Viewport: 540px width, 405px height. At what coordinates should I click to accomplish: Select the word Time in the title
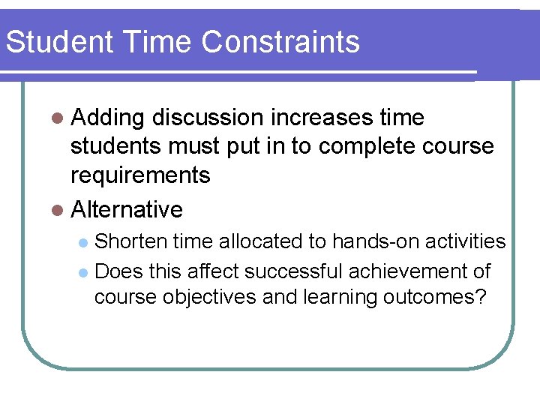click(x=145, y=42)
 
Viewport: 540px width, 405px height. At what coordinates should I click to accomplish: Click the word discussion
click(x=207, y=118)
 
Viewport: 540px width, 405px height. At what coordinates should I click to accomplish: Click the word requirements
click(x=140, y=175)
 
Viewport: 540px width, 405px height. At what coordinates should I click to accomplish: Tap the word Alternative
click(x=127, y=209)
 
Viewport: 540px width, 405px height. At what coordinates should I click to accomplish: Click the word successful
click(x=289, y=270)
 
